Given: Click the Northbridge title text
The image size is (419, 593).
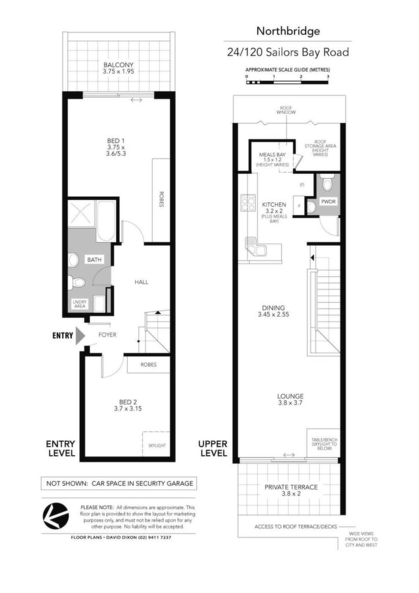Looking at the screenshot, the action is point(288,31).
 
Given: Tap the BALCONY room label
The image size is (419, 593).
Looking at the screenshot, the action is point(118,65).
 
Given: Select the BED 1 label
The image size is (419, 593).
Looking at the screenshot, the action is point(116,141).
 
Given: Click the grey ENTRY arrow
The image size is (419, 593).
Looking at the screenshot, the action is point(80,335).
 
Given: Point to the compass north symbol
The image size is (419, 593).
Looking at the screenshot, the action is point(56,515).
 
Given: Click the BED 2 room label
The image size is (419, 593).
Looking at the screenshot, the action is point(128,402).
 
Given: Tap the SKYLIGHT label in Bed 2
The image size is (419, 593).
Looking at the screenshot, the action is point(157,445).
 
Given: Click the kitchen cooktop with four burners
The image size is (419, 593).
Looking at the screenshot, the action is point(248,203).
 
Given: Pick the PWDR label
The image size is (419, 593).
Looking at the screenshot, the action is point(328,202).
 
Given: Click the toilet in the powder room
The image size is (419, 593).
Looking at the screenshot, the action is point(327,184).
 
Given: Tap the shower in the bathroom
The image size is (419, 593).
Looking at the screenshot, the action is point(81,214).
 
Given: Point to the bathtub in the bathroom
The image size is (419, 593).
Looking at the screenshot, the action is point(107,221).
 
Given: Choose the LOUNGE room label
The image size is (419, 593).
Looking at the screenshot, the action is point(290,396).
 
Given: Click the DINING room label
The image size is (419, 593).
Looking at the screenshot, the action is point(273,308).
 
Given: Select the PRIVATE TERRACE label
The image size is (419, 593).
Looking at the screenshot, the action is point(291,487).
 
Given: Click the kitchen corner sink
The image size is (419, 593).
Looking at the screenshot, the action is point(256,247).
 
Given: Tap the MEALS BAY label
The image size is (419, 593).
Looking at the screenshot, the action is point(272,155).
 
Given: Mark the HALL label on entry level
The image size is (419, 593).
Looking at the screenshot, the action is point(141,282).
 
